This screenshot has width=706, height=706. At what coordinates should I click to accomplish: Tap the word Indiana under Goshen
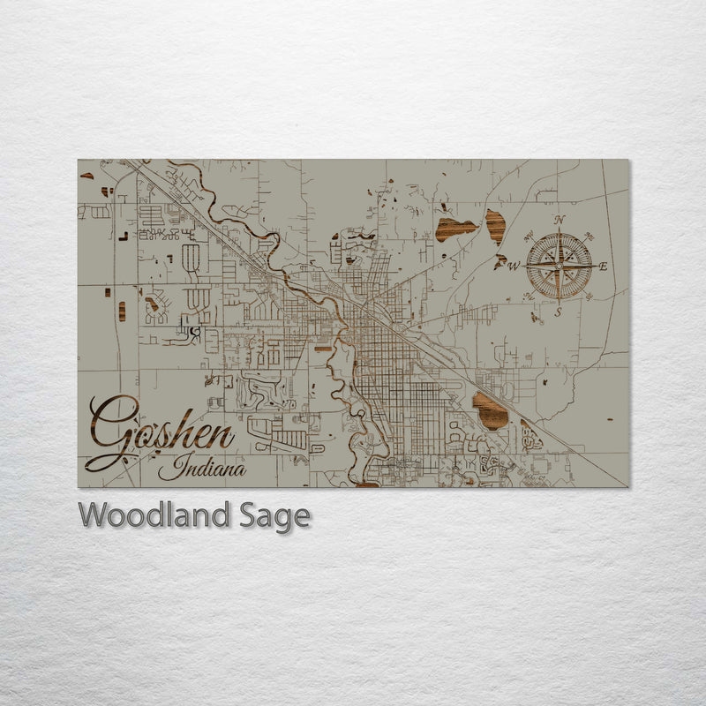[203, 469]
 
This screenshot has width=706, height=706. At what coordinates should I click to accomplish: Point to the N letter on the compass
[559, 220]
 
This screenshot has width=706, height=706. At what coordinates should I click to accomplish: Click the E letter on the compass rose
[604, 267]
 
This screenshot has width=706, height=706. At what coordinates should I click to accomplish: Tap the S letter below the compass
[558, 312]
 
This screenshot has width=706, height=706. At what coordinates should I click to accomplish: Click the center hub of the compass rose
[559, 265]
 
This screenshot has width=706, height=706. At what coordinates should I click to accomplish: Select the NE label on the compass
[588, 235]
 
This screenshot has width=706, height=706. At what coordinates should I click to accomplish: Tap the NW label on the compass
[529, 236]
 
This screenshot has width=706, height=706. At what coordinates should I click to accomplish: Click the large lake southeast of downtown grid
[490, 411]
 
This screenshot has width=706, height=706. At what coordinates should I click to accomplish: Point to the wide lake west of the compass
[455, 228]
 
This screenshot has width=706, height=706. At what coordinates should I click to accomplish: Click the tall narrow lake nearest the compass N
[495, 226]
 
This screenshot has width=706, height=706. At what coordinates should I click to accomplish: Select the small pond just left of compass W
[500, 261]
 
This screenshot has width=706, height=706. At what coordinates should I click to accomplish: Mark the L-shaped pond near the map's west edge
[121, 235]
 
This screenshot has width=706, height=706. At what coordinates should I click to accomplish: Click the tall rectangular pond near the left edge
[122, 311]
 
